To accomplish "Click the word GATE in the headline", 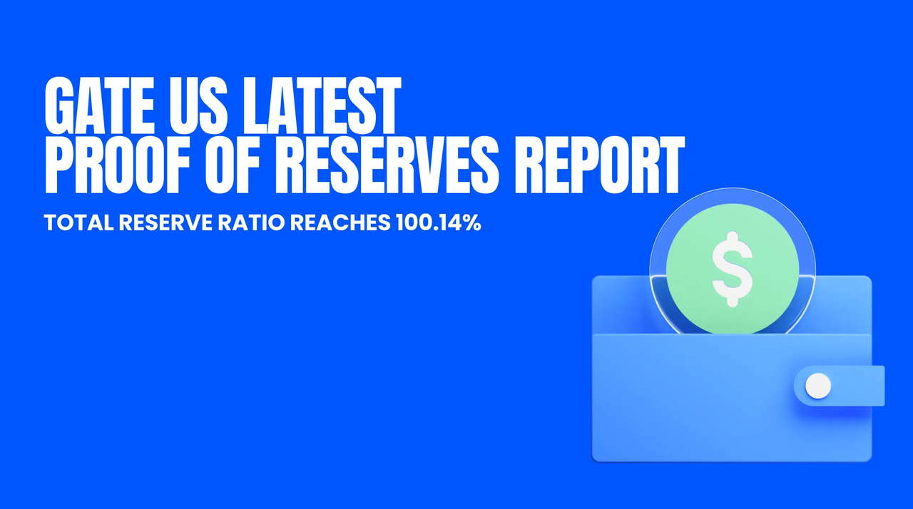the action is (99, 106).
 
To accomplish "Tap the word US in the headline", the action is (198, 106).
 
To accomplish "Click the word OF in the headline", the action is (233, 165).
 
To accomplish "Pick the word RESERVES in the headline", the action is (387, 165).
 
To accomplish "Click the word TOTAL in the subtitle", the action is (78, 222).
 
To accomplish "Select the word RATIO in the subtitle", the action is (251, 222).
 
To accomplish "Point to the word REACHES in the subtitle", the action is (340, 222).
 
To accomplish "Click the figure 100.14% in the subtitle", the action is (439, 222).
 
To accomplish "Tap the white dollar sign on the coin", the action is (733, 269).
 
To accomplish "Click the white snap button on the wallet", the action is (818, 386).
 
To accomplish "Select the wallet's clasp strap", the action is (840, 386).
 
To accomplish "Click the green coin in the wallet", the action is (733, 269).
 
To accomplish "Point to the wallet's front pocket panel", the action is (732, 398).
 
